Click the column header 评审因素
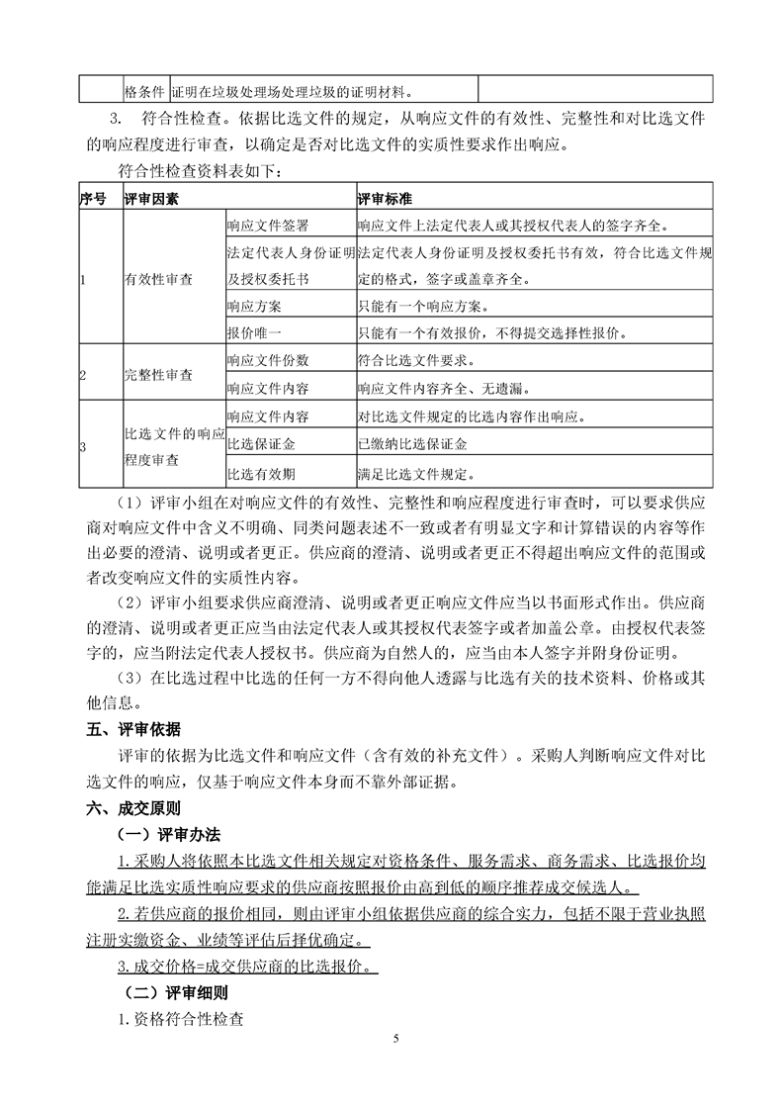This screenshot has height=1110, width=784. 151,200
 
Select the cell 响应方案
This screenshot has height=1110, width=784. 253,305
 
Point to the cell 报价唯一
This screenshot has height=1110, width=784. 253,331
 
